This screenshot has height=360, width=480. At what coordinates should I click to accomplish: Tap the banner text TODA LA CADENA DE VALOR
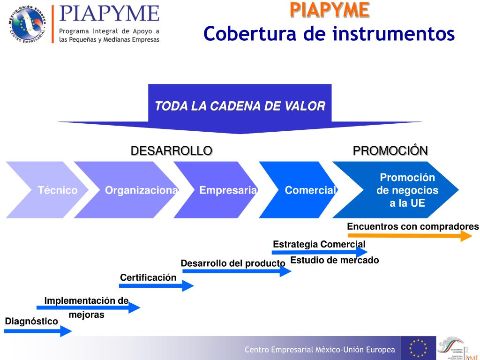point(240,106)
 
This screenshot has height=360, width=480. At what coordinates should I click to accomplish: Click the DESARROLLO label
point(171,150)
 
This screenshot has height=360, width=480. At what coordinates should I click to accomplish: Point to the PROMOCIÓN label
point(390,150)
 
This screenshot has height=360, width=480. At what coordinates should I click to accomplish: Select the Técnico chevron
point(47,190)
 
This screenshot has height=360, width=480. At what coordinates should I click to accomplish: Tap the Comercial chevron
point(305,190)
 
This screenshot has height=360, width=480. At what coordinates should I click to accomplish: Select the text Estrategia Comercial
point(319,244)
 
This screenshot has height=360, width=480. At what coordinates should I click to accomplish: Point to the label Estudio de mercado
point(334,260)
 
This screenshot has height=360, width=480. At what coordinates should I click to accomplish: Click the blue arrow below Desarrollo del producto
point(237,271)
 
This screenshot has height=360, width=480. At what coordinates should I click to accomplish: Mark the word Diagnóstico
point(31,321)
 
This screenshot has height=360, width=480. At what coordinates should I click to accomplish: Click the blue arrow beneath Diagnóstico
point(38,331)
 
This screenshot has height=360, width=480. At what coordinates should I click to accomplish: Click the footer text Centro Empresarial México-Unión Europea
point(320,350)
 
